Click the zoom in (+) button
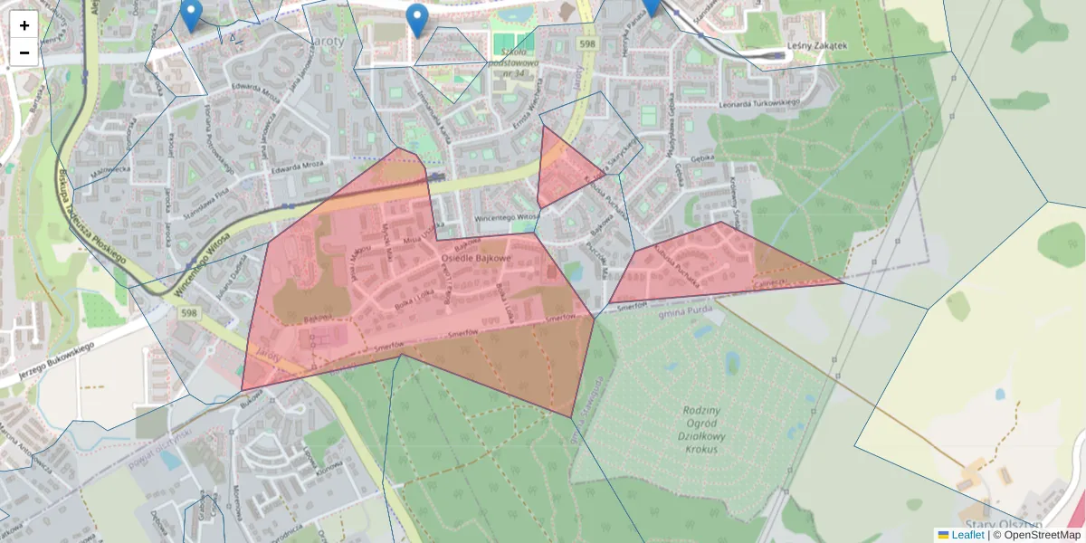pyautogui.click(x=24, y=25)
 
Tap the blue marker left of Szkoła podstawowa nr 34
pyautogui.click(x=416, y=19)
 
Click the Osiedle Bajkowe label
pyautogui.click(x=476, y=259)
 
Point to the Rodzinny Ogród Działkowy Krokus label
pyautogui.click(x=701, y=429)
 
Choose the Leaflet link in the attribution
pyautogui.click(x=967, y=535)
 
